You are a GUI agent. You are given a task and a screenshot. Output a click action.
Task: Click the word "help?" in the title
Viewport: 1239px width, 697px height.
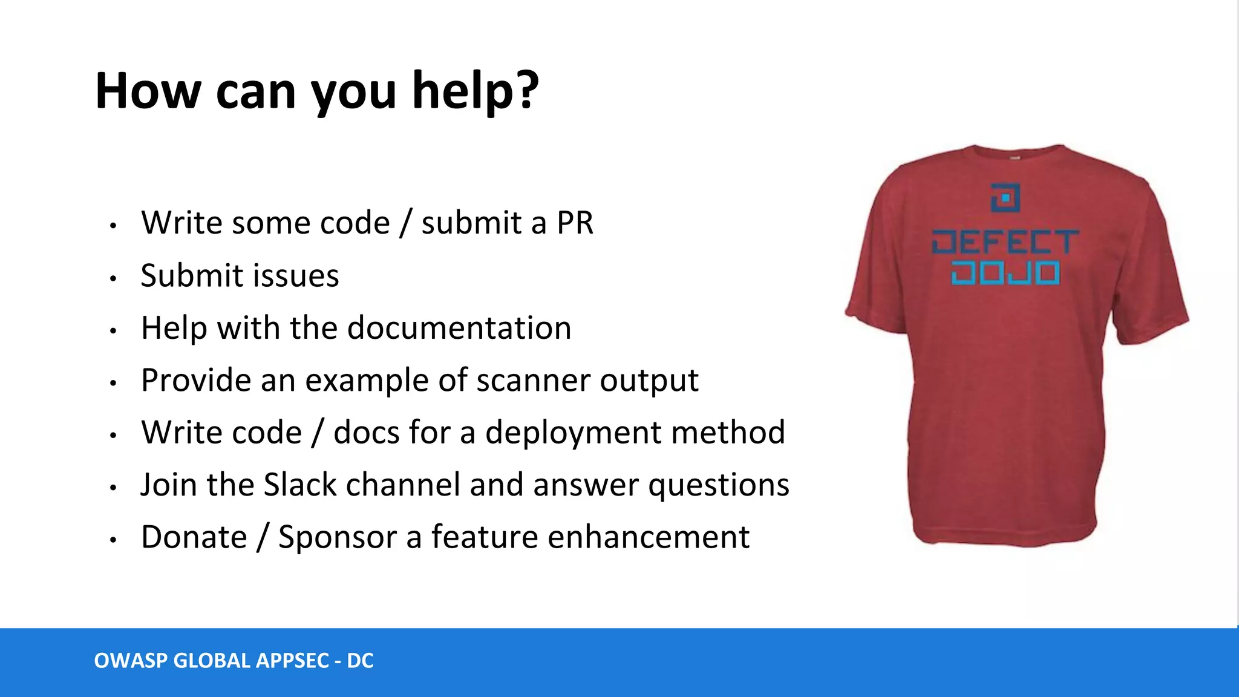point(475,92)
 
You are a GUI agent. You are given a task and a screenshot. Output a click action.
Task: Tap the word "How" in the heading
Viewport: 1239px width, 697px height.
point(148,91)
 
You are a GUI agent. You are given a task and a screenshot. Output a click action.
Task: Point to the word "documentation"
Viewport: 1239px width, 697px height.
point(459,328)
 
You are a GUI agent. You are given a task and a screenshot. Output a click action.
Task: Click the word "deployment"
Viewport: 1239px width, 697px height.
point(573,433)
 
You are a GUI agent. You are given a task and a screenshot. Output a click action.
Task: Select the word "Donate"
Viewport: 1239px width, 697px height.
point(194,537)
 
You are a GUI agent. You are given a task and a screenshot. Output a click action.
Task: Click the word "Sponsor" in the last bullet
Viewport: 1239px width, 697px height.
point(337,537)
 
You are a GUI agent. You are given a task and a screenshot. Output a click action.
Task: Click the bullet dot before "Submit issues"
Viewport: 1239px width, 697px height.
point(113,279)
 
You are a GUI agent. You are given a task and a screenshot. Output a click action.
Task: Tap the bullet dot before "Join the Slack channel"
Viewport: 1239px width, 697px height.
point(113,488)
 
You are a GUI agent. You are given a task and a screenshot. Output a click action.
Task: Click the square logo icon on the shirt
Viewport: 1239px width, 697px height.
point(1005,197)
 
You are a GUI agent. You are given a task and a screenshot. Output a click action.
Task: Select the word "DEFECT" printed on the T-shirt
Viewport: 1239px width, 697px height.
point(1005,242)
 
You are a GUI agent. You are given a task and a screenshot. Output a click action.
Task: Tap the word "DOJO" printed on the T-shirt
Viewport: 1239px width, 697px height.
point(1005,273)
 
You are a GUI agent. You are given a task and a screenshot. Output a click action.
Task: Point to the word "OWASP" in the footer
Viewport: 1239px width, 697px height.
point(131,661)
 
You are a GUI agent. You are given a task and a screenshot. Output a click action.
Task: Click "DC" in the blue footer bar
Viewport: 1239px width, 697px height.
point(360,661)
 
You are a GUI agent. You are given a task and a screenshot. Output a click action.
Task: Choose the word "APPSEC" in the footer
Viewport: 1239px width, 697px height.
point(292,661)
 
